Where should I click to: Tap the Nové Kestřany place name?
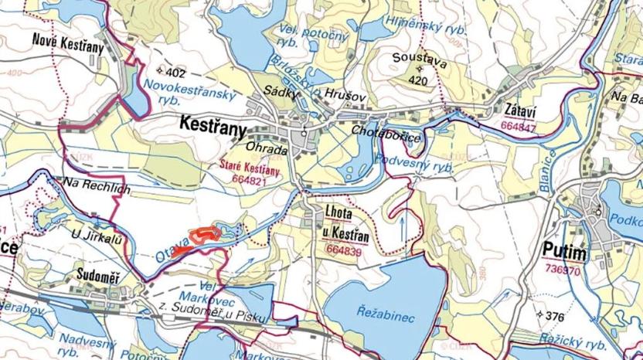pyautogui.click(x=68, y=42)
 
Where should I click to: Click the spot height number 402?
pyautogui.click(x=176, y=73)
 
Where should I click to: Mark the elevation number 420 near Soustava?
pyautogui.click(x=417, y=80)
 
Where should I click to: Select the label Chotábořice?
pyautogui.click(x=386, y=134)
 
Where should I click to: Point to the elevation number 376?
pyautogui.click(x=555, y=316)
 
